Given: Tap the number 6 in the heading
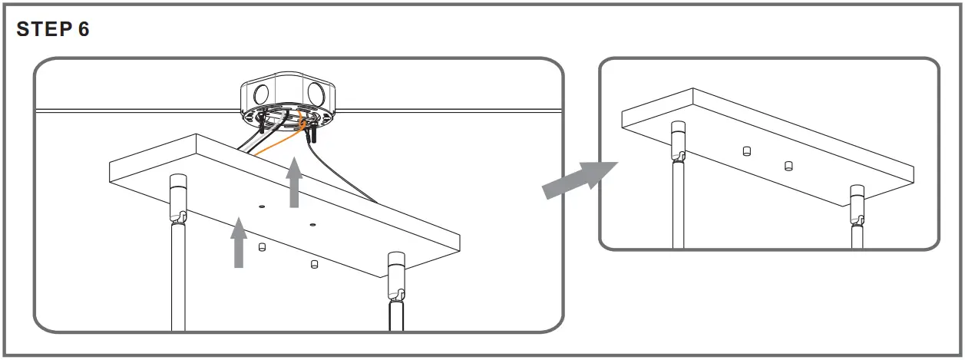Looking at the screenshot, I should pos(83,30).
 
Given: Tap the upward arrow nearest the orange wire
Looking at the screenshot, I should pos(294,182).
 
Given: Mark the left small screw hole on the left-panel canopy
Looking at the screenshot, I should pos(262,206).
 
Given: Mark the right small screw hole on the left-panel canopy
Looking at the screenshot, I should pos(312,225).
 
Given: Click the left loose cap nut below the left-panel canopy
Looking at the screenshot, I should pos(263,246).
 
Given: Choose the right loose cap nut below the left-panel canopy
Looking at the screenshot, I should pos(313,264).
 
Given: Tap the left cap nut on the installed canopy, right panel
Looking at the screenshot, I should pos(746,150).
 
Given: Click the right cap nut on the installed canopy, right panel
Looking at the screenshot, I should pos(788,166).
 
